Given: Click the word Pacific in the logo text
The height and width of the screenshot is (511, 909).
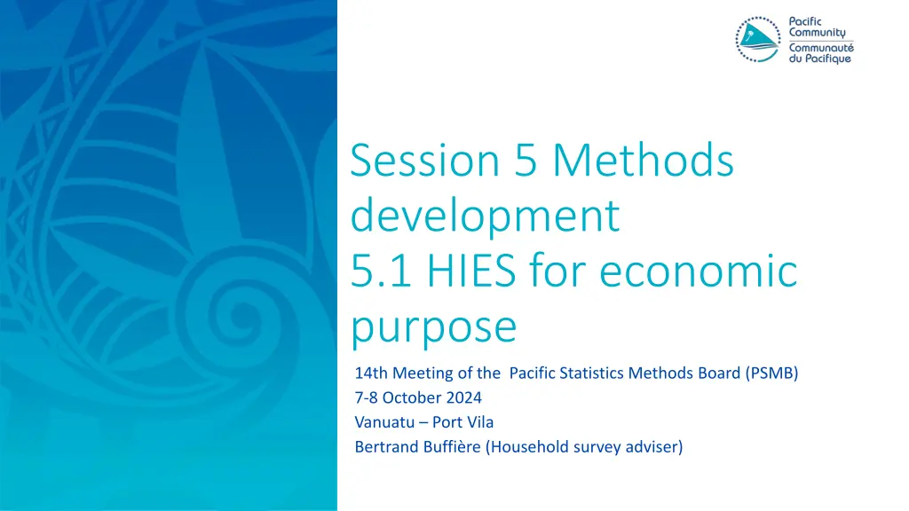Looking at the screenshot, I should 807,20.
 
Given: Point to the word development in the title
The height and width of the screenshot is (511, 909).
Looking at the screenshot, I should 484,216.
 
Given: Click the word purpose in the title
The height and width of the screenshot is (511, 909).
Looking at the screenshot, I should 433,326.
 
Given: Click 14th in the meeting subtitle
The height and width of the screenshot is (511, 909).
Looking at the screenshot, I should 371,373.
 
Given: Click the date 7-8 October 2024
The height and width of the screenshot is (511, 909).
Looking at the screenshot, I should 418,397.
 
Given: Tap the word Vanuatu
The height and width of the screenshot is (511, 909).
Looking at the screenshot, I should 384,422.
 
